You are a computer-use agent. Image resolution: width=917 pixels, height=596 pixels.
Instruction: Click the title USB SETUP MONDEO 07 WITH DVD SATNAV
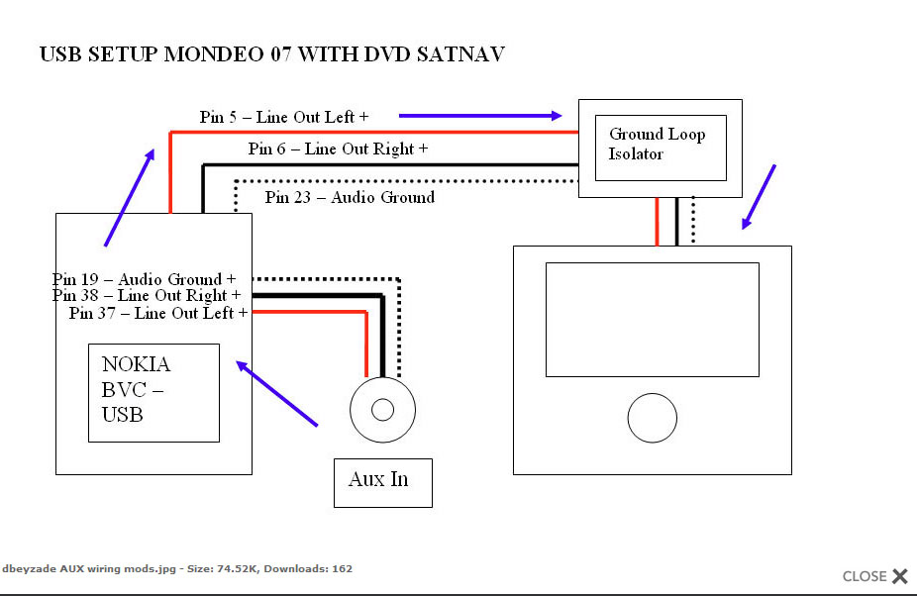click(271, 54)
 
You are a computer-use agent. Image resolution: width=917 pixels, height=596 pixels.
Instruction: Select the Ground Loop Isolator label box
click(660, 148)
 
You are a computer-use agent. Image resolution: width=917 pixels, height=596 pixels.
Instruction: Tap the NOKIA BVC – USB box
click(153, 392)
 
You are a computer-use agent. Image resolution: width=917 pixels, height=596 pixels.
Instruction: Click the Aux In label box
click(382, 482)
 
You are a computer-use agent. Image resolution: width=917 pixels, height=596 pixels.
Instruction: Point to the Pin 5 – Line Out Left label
click(283, 117)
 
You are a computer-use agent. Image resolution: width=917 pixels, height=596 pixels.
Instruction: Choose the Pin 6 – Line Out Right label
click(338, 149)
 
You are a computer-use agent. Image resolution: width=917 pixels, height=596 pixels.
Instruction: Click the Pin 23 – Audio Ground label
click(350, 197)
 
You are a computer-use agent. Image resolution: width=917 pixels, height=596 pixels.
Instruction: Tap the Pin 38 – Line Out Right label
click(147, 295)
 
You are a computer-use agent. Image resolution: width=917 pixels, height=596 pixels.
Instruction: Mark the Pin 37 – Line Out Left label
click(157, 313)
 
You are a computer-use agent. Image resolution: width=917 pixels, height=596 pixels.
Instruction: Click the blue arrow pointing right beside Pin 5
click(481, 116)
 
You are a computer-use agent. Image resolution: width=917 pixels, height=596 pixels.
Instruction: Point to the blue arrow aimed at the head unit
click(759, 197)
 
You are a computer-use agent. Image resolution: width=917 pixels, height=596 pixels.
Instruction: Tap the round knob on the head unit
click(652, 418)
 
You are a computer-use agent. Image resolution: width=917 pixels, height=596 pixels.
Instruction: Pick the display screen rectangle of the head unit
click(652, 319)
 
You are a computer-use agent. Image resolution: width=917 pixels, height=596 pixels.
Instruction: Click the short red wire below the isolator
click(657, 221)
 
